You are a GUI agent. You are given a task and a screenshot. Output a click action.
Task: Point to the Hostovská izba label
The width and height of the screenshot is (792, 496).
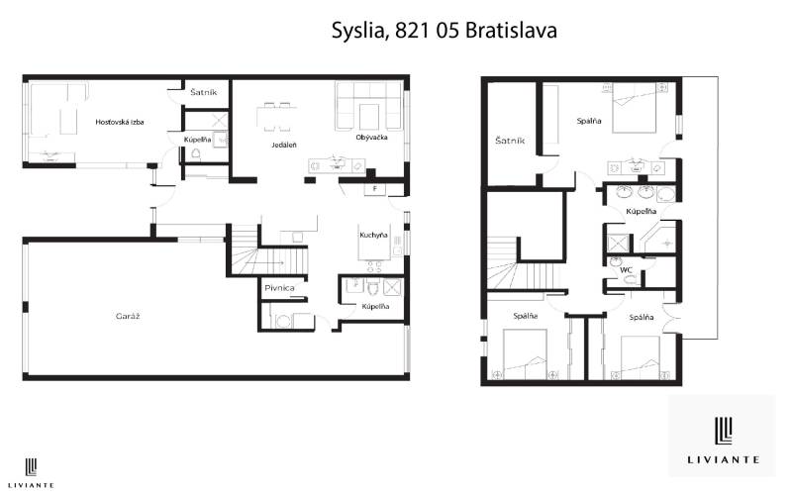[120, 122]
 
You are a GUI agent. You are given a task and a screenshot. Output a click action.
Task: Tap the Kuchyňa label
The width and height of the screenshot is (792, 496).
[373, 236]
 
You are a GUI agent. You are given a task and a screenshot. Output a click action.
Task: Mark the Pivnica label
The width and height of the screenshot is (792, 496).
[276, 288]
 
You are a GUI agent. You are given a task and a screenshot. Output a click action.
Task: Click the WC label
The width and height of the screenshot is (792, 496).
[626, 268]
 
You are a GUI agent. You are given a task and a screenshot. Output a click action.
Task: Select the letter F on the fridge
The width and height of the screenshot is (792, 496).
[375, 188]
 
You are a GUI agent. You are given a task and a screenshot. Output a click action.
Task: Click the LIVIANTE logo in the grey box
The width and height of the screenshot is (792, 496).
[722, 435]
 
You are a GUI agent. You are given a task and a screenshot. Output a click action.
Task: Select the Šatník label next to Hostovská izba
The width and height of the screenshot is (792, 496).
[204, 93]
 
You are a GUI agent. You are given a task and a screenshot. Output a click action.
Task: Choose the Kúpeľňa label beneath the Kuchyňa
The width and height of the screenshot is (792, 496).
[375, 307]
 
